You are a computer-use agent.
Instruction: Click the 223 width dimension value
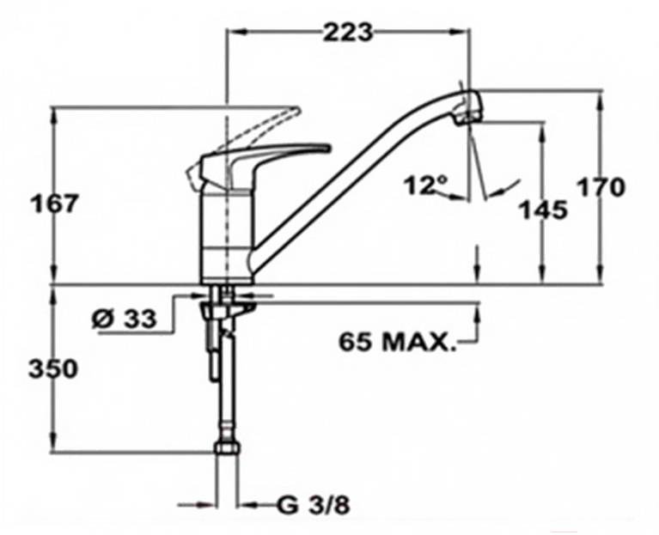point(348,33)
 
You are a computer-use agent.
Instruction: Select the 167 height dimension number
point(55,204)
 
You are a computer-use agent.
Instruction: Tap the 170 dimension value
point(601,187)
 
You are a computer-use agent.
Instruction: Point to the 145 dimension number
point(544,210)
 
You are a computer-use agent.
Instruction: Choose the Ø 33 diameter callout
point(124,319)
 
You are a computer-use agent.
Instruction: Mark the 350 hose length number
point(53,369)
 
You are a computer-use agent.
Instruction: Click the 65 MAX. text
point(397,342)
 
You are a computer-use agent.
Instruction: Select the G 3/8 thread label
point(314,506)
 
